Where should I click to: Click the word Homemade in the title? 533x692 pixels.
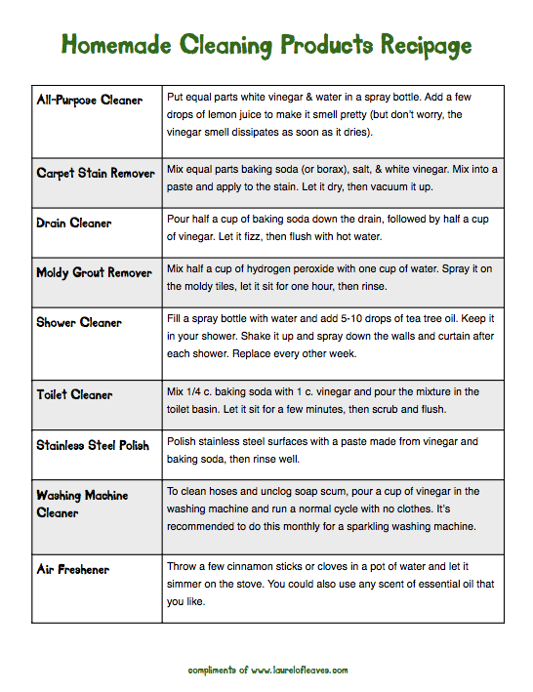click(114, 45)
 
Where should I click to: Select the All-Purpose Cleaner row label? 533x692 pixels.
click(89, 101)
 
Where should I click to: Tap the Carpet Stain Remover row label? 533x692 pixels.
click(96, 174)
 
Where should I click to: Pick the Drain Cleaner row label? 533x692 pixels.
click(74, 223)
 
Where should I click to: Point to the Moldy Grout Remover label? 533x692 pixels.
click(95, 272)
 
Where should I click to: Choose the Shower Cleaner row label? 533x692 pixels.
click(79, 322)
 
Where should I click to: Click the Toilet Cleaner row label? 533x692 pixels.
click(74, 395)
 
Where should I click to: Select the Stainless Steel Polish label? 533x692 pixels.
click(93, 445)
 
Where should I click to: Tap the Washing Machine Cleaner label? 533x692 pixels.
click(82, 504)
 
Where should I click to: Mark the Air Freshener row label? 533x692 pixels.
click(73, 569)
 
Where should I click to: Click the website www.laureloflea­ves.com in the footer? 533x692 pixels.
click(299, 670)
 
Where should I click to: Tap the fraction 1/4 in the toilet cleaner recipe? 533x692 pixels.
click(198, 391)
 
